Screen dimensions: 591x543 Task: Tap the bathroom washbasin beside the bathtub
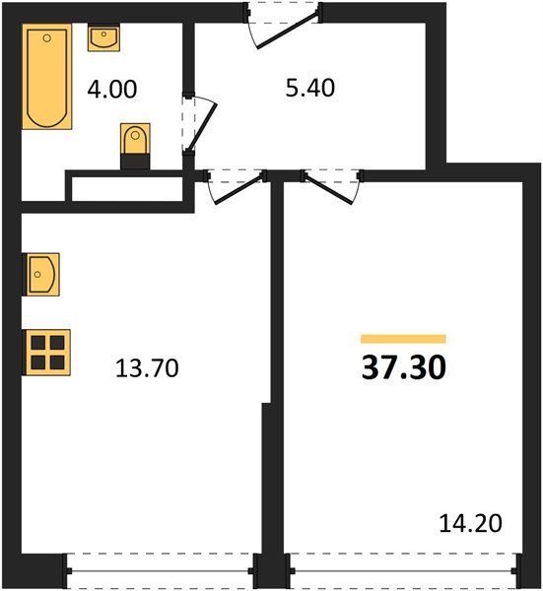(103, 39)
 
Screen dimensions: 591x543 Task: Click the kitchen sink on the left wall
(41, 274)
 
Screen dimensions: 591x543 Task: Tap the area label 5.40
(308, 89)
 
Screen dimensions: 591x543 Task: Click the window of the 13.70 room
(161, 570)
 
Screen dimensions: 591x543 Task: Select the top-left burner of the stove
(39, 343)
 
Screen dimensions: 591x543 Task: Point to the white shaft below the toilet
(128, 188)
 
